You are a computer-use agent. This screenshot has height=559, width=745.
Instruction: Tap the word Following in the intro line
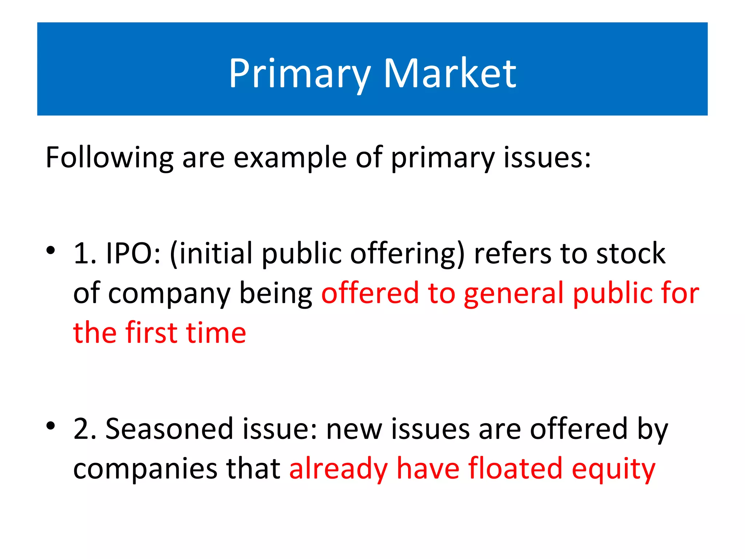(x=109, y=158)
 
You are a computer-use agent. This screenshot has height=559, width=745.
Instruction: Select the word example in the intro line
(x=290, y=158)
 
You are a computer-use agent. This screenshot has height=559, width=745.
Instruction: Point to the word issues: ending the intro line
(x=547, y=158)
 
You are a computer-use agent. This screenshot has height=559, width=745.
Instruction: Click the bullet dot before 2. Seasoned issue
(x=51, y=425)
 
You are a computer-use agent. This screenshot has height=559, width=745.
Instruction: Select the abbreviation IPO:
(x=133, y=253)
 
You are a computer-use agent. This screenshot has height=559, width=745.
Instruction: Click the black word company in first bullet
(x=169, y=293)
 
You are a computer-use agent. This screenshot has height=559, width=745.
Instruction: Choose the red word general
(x=513, y=293)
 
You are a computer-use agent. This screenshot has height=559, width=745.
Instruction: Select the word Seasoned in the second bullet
(x=169, y=429)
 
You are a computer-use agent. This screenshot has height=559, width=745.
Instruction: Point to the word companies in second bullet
(x=145, y=468)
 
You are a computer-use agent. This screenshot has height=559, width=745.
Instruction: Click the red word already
(x=338, y=468)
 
